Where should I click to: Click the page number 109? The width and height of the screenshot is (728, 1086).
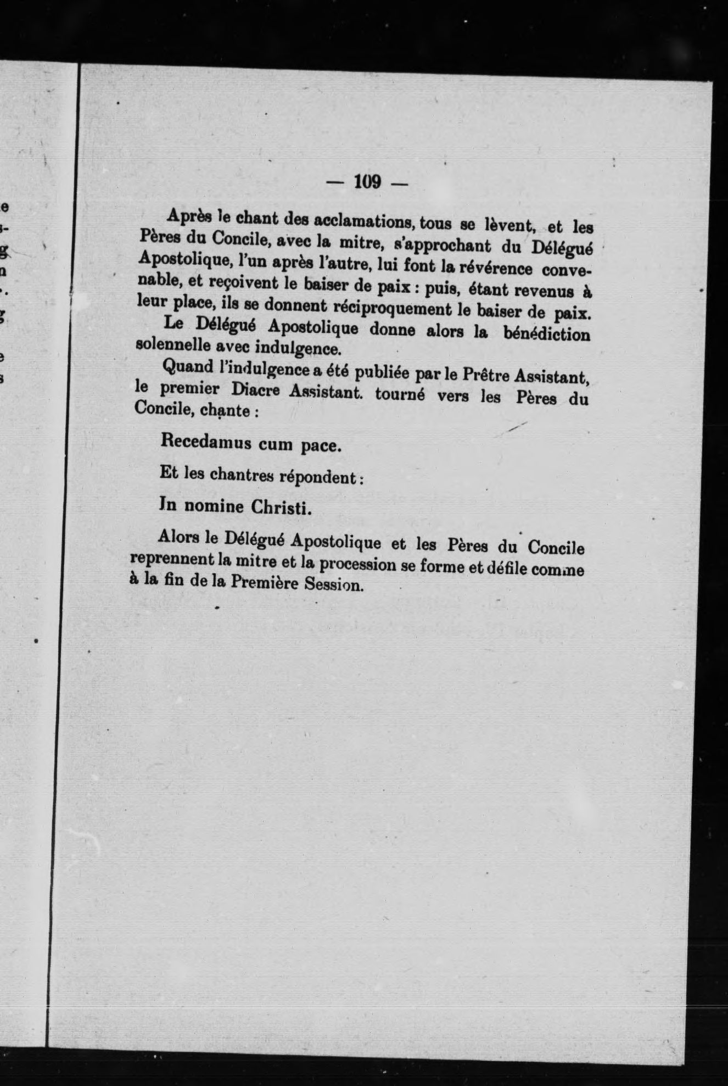[367, 182]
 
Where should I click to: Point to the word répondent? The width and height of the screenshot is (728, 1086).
[320, 477]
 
